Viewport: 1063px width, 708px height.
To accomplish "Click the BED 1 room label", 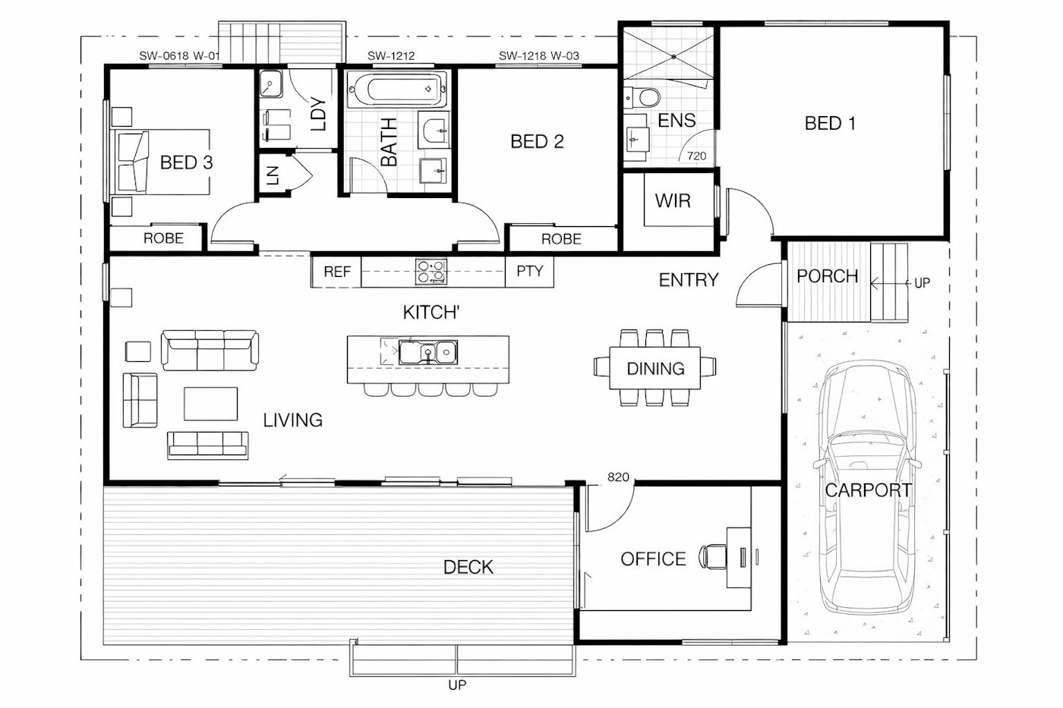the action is tap(830, 123).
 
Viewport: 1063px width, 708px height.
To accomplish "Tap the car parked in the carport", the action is tap(867, 489).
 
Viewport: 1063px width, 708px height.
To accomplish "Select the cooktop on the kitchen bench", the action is tap(431, 272).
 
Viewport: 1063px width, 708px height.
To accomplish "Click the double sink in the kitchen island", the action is tap(428, 352).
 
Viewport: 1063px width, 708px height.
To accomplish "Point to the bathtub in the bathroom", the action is tap(397, 89).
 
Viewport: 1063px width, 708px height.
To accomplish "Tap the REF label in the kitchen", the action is tap(337, 272).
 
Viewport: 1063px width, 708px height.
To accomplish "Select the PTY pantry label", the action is tap(530, 271).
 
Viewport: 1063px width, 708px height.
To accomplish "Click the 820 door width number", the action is tap(618, 477).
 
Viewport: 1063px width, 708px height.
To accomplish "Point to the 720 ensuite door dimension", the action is tap(697, 156).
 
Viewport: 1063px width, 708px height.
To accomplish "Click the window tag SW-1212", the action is tap(391, 56).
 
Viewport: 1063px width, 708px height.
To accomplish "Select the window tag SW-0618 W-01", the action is tap(179, 56).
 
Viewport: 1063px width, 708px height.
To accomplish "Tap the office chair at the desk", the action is tap(713, 557).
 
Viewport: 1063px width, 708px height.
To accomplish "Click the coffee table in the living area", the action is tap(211, 404).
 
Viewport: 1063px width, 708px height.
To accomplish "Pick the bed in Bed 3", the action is tap(160, 162).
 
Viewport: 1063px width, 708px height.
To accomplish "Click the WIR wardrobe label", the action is tap(673, 201).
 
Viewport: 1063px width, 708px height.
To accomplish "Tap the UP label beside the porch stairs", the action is tap(922, 283).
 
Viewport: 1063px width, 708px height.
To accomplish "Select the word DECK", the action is tap(468, 567).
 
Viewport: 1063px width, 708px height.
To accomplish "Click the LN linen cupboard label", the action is tap(273, 175).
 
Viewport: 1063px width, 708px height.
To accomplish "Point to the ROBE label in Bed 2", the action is tap(561, 238).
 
